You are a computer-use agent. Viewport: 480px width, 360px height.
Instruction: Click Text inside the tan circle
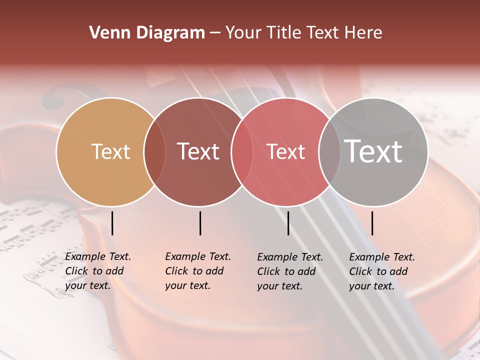pyautogui.click(x=110, y=151)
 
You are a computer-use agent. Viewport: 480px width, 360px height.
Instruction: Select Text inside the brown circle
pyautogui.click(x=198, y=151)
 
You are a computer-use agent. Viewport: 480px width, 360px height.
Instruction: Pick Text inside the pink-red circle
pyautogui.click(x=285, y=151)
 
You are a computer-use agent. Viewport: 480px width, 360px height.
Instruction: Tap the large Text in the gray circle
pyautogui.click(x=373, y=151)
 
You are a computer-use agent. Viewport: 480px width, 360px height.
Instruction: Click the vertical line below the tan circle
pyautogui.click(x=112, y=223)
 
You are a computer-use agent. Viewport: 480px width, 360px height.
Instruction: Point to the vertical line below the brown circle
pyautogui.click(x=200, y=223)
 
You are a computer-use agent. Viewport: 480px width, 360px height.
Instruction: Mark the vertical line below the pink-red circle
pyautogui.click(x=288, y=223)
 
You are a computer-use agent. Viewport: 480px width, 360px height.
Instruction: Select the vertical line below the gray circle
pyautogui.click(x=372, y=223)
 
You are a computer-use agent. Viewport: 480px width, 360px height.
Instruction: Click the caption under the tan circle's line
pyautogui.click(x=97, y=271)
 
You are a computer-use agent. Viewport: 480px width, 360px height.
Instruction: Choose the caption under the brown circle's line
pyautogui.click(x=197, y=271)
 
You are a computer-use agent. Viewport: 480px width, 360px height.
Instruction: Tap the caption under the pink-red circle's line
pyautogui.click(x=289, y=271)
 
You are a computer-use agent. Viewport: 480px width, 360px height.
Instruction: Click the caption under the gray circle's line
pyautogui.click(x=381, y=271)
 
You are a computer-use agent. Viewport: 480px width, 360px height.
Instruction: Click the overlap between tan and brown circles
pyautogui.click(x=155, y=152)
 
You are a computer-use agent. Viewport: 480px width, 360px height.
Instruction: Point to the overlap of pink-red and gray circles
pyautogui.click(x=329, y=152)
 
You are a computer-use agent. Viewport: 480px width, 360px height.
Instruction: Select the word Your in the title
pyautogui.click(x=243, y=33)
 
